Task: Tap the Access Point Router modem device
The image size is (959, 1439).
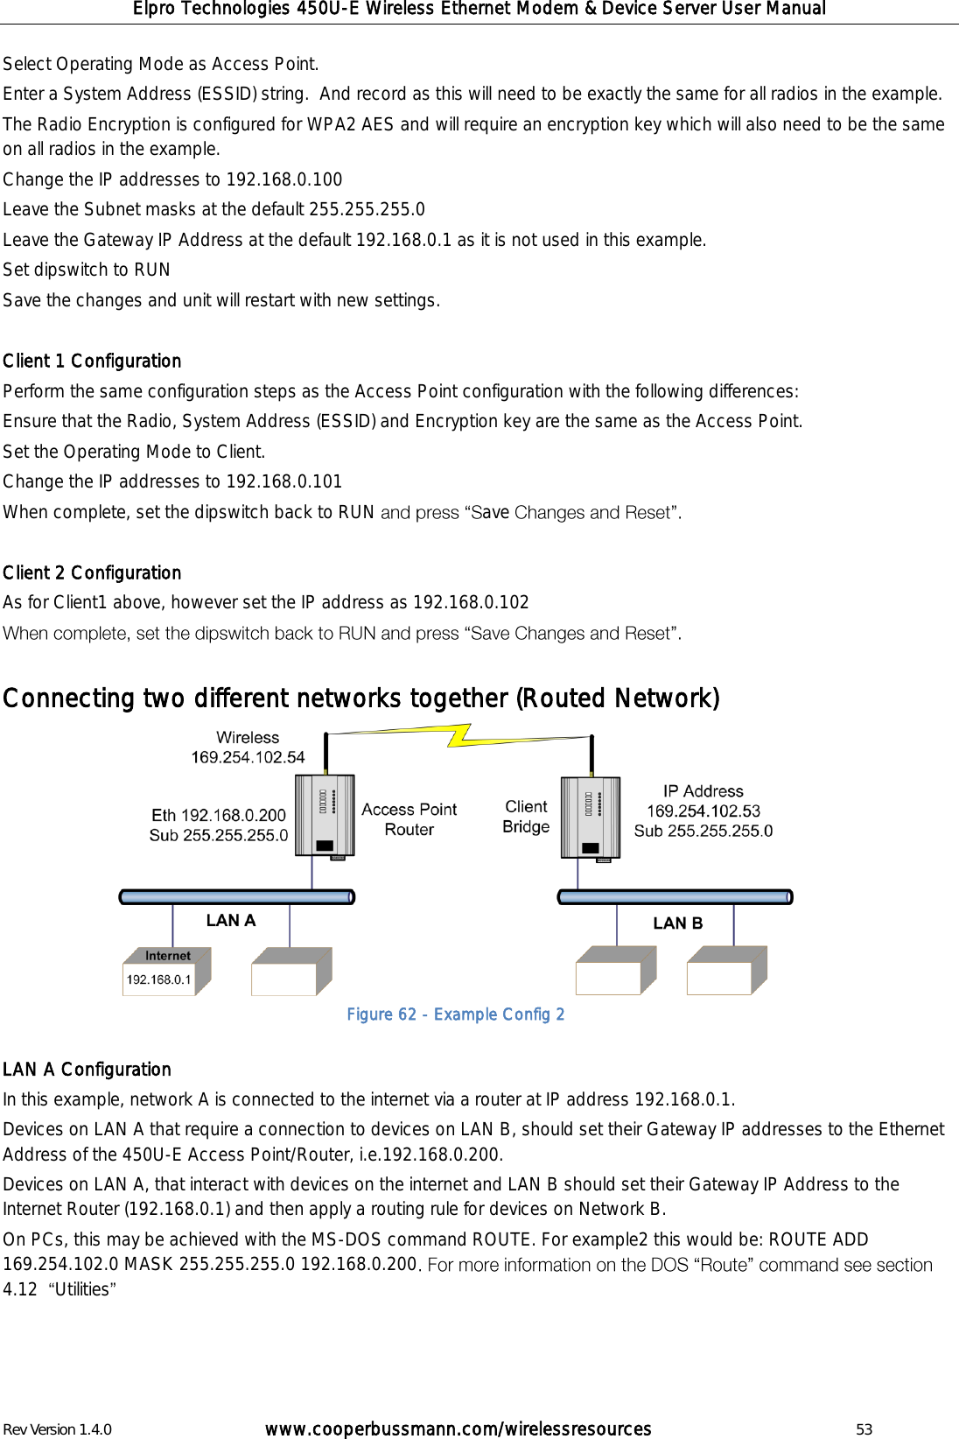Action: (x=325, y=816)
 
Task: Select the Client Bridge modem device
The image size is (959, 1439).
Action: (x=591, y=818)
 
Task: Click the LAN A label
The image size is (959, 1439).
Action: (x=231, y=920)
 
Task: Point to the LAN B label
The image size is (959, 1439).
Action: (x=677, y=923)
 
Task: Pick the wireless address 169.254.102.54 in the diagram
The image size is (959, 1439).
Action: (x=248, y=757)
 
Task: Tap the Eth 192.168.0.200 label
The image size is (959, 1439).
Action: (x=219, y=815)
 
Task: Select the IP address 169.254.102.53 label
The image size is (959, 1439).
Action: (x=703, y=811)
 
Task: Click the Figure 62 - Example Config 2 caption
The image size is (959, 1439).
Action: (x=455, y=1014)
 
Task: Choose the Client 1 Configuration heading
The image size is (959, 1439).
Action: (x=92, y=361)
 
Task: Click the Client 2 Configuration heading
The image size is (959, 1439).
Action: (x=92, y=572)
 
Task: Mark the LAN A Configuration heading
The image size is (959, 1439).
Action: (x=87, y=1069)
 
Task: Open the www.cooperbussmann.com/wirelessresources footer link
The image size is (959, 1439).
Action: (x=458, y=1429)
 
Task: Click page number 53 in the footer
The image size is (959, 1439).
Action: (x=864, y=1429)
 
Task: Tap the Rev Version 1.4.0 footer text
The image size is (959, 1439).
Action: (x=58, y=1429)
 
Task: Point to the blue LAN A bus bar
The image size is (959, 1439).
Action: (x=236, y=896)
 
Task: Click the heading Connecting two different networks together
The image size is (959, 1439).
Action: (x=360, y=698)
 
